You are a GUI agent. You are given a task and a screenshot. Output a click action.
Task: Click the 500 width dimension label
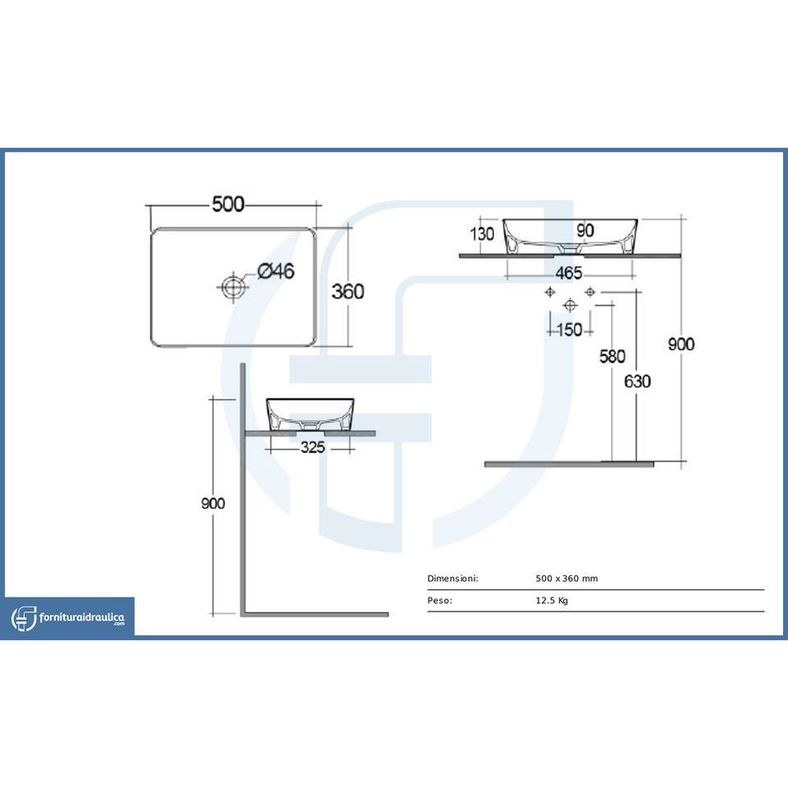[228, 204]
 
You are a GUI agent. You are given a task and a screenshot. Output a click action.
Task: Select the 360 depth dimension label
[347, 291]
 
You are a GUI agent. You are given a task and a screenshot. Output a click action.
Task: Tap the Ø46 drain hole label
[275, 270]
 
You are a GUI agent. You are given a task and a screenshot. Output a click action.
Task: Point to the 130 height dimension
[483, 234]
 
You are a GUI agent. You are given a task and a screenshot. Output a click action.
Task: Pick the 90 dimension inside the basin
[584, 231]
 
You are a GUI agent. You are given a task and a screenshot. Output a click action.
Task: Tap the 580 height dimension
[612, 356]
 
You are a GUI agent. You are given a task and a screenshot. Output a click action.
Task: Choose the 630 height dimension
[637, 381]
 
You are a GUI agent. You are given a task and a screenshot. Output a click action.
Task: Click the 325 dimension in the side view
[313, 447]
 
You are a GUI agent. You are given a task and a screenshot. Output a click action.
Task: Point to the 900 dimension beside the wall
[213, 503]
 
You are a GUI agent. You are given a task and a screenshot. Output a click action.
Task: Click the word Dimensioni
[452, 579]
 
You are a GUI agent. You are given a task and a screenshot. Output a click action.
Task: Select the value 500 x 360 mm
[566, 579]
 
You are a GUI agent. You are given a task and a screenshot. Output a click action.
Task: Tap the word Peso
[440, 601]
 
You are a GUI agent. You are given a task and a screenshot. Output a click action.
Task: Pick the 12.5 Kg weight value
[552, 601]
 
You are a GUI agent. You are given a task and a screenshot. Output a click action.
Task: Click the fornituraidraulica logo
[69, 617]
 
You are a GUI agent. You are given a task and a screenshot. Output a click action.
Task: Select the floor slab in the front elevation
[569, 465]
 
